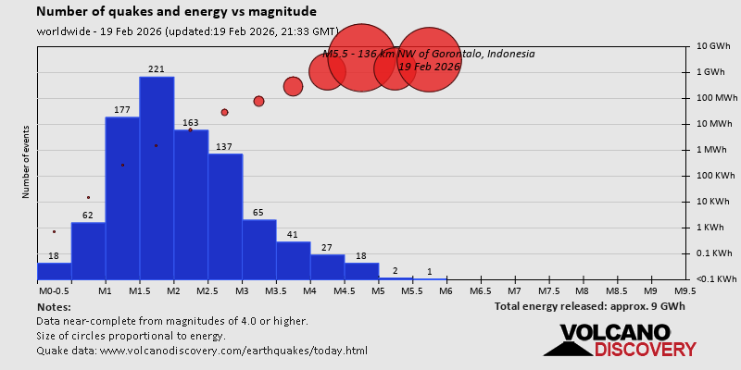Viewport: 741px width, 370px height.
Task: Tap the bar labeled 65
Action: pos(259,249)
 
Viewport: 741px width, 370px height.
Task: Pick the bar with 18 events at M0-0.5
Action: pos(54,271)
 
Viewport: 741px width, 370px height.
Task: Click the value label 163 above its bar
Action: pos(191,123)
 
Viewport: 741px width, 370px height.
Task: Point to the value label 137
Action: pos(224,147)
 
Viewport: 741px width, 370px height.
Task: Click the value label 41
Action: pos(293,235)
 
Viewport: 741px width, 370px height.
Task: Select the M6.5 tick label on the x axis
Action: pos(480,290)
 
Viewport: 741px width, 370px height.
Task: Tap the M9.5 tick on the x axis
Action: pos(685,290)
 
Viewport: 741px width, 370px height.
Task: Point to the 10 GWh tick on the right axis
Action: pos(714,46)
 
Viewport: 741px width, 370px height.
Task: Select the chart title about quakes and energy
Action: pos(176,12)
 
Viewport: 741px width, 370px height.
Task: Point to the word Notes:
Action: pos(54,306)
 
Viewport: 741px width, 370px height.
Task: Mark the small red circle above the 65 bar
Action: pos(258,101)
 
